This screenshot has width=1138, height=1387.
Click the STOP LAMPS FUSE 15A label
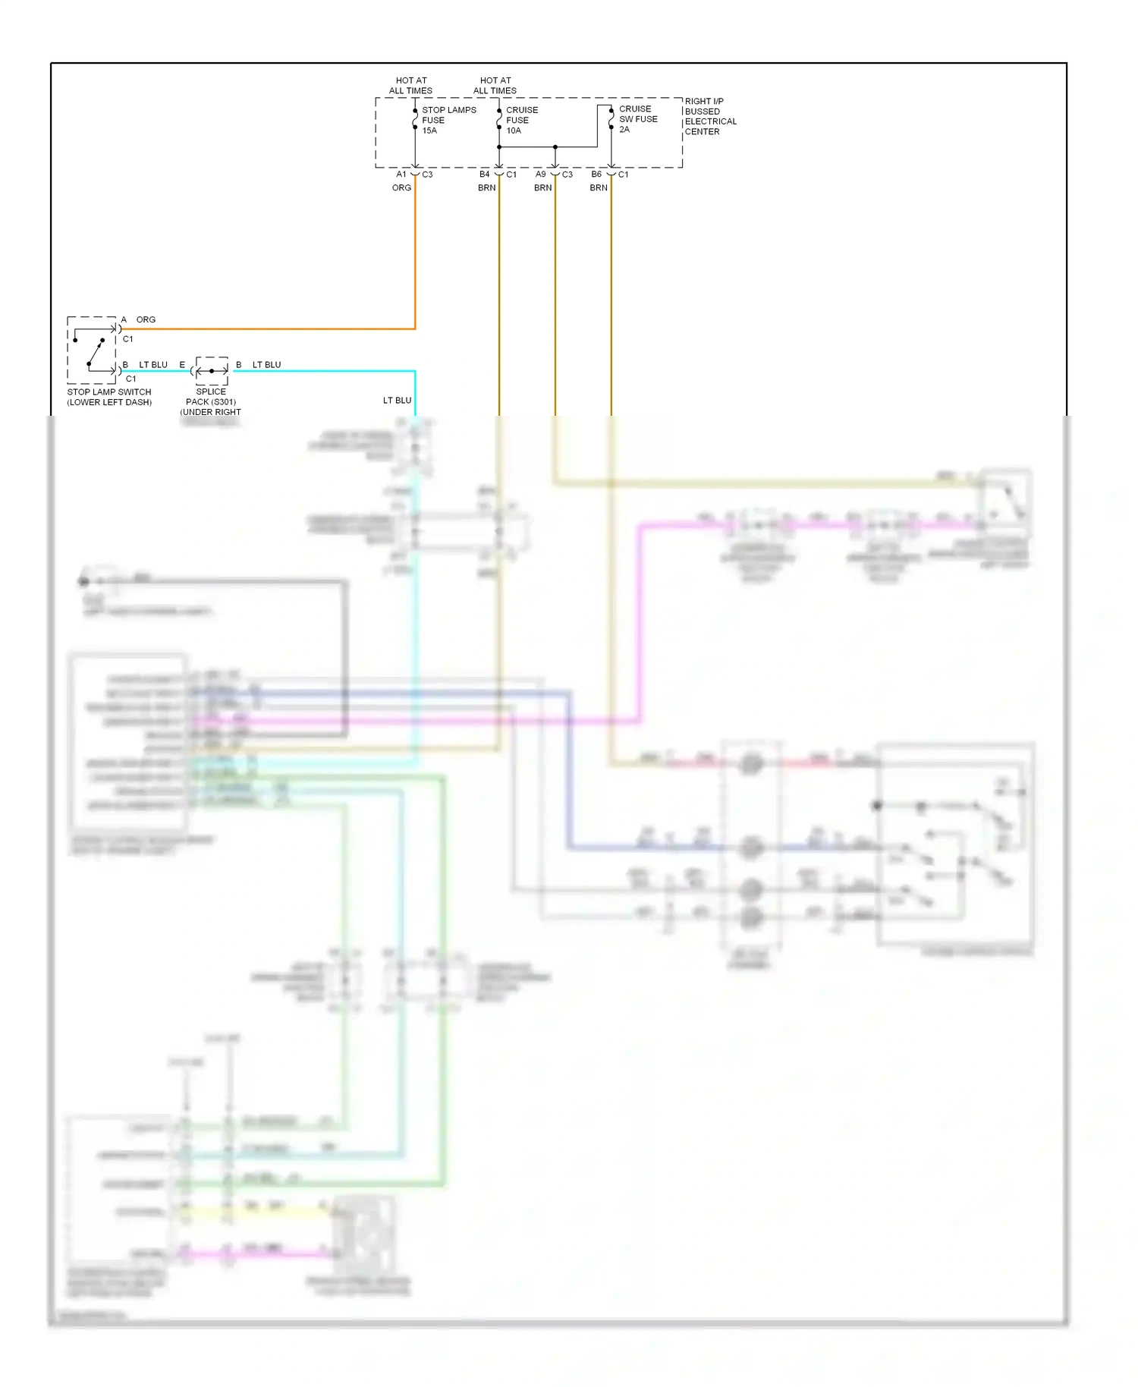click(448, 120)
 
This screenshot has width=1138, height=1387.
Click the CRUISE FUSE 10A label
click(521, 120)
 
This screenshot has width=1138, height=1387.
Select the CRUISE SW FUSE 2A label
click(637, 119)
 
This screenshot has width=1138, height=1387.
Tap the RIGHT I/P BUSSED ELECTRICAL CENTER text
click(709, 116)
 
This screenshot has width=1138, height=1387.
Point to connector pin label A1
click(401, 175)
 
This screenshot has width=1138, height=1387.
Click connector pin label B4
click(484, 175)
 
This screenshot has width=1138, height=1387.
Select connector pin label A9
click(540, 175)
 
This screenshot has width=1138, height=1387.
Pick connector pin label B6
click(596, 175)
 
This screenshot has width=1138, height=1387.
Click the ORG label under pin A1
click(401, 187)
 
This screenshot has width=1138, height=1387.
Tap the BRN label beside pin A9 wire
click(542, 187)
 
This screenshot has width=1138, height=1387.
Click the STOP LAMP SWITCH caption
click(109, 397)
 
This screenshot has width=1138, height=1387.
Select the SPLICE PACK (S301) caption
click(211, 401)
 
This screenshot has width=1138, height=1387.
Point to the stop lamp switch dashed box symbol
click(92, 350)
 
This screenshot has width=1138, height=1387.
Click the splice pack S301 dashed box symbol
click(212, 370)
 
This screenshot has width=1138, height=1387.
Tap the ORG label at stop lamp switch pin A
click(146, 319)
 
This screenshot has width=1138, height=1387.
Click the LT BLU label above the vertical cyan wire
click(397, 400)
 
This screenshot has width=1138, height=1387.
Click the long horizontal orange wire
click(266, 329)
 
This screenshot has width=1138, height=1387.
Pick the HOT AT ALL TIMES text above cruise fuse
click(495, 85)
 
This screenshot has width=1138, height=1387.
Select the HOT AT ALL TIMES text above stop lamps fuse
click(410, 85)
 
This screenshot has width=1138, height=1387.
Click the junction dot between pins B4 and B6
click(555, 146)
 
